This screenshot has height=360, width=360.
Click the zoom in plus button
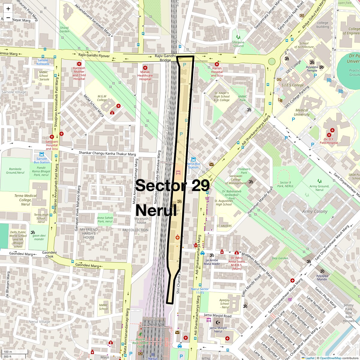click(x=8, y=9)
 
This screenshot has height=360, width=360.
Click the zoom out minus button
click(x=8, y=17)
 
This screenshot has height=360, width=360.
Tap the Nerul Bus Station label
click(x=193, y=165)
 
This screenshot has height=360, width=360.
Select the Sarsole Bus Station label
click(x=42, y=160)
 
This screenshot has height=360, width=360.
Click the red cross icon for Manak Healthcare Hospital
click(x=145, y=68)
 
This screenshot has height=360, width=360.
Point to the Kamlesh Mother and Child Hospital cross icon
click(x=79, y=64)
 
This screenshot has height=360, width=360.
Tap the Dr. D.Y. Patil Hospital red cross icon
click(x=332, y=130)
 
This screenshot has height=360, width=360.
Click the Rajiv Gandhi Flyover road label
click(x=94, y=56)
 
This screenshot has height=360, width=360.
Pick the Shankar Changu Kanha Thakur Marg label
click(x=107, y=153)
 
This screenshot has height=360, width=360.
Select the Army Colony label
click(x=315, y=211)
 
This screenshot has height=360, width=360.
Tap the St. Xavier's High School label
click(x=222, y=96)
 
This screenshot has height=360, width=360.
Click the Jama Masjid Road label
click(x=217, y=316)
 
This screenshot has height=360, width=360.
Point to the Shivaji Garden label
click(x=64, y=29)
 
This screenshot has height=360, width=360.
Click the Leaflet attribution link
click(x=310, y=358)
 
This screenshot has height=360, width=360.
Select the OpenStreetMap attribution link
click(x=330, y=358)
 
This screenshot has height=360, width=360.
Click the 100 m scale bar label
click(x=8, y=352)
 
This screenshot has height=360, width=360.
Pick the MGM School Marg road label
click(x=94, y=106)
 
